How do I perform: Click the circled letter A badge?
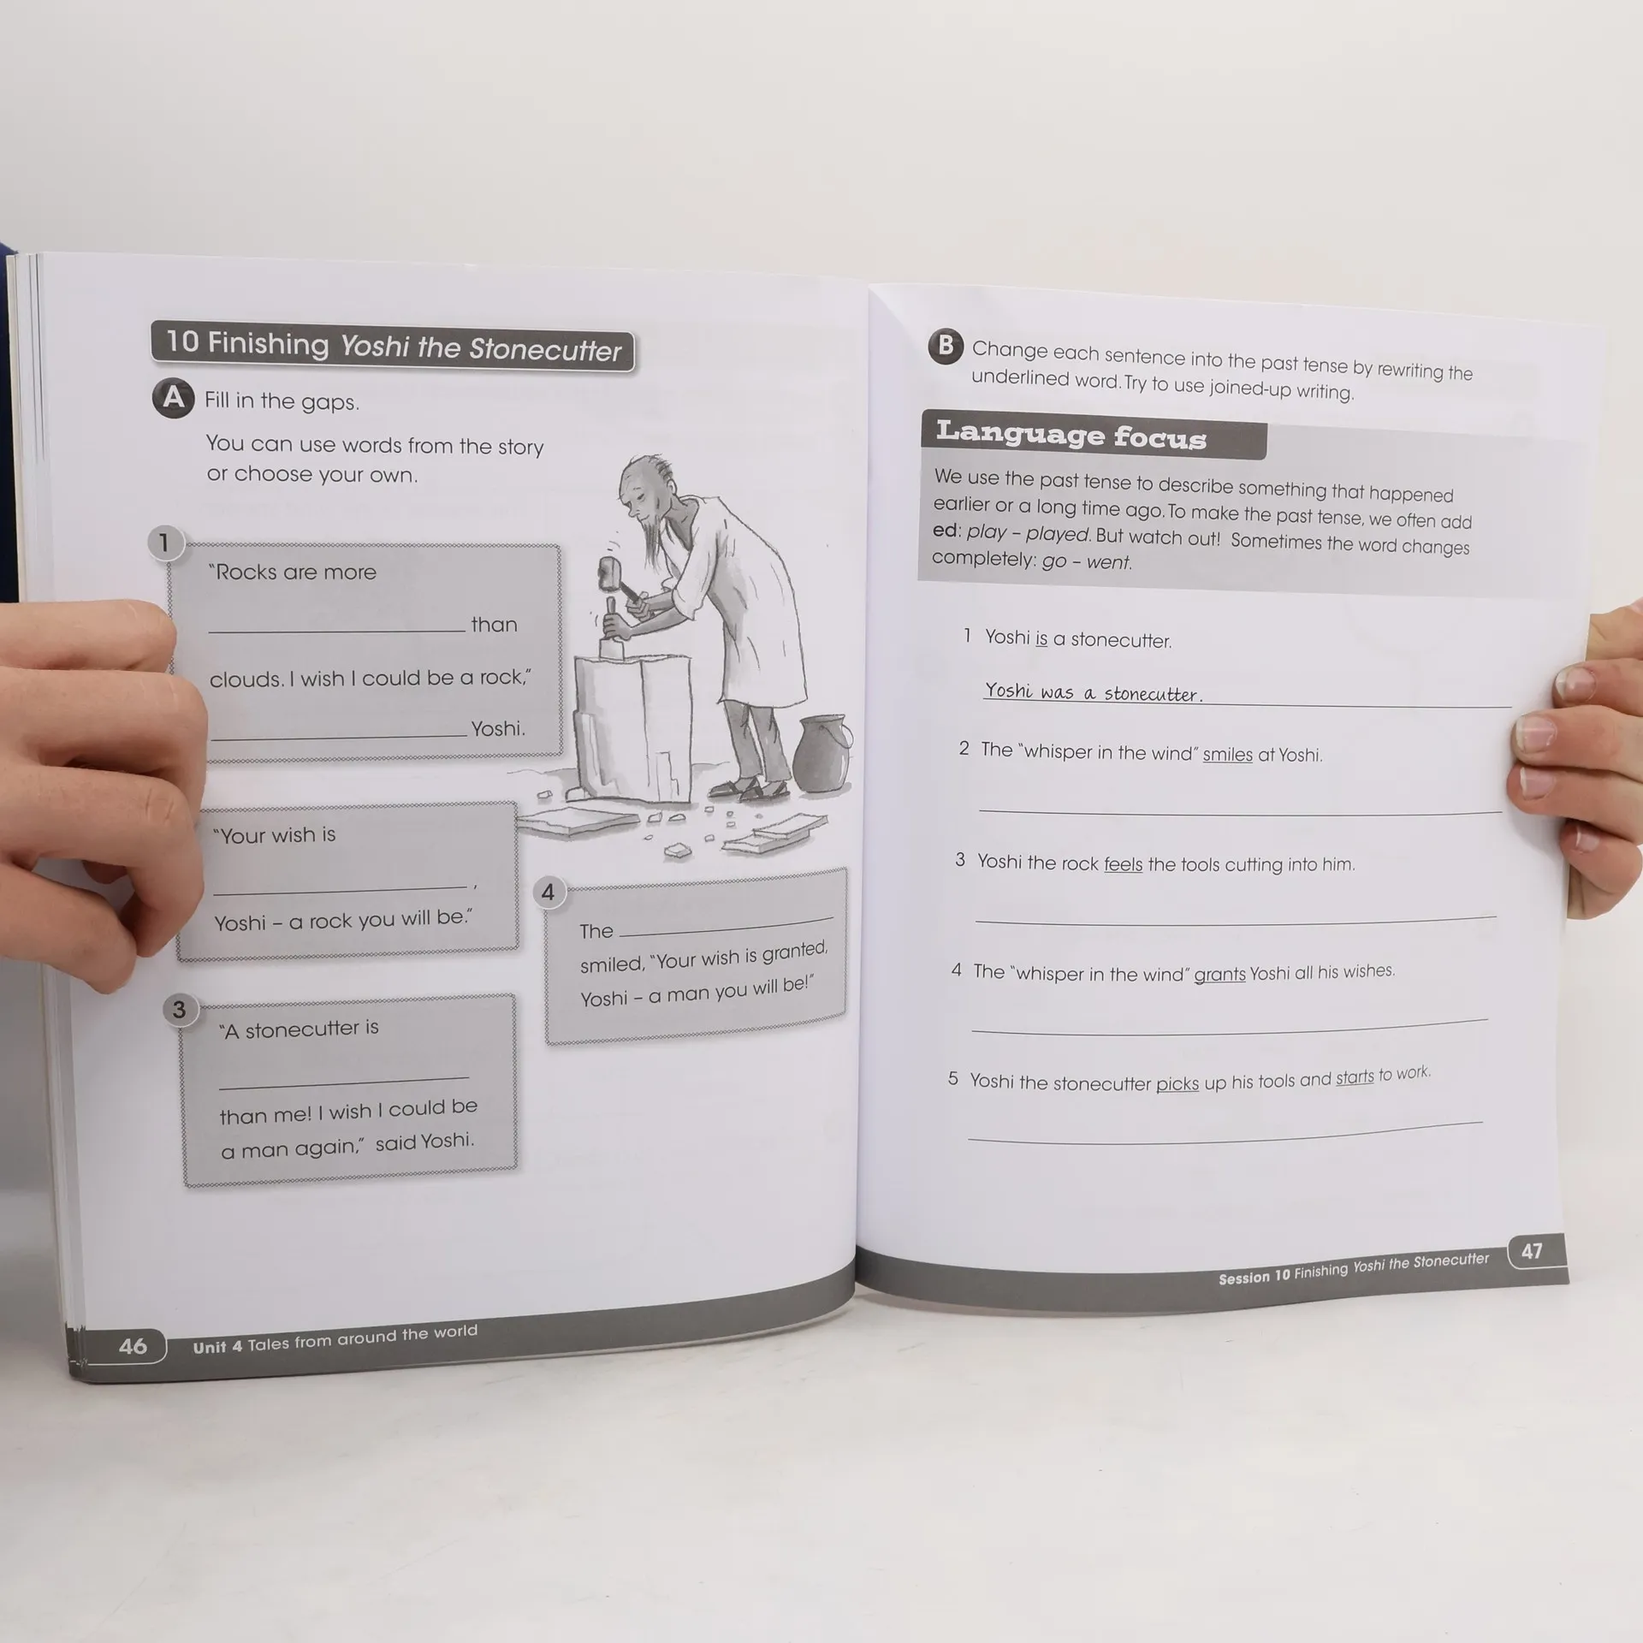(x=174, y=398)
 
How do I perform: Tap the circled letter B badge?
(x=946, y=346)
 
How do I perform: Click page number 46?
(x=133, y=1346)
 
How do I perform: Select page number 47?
(x=1532, y=1251)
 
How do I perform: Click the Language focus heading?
(x=1071, y=435)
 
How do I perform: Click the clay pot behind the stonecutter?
(x=822, y=753)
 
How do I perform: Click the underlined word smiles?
(x=1227, y=755)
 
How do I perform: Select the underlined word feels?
(x=1123, y=864)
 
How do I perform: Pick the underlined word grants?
(x=1219, y=975)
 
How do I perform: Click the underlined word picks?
(x=1177, y=1084)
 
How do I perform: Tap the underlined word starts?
(x=1355, y=1077)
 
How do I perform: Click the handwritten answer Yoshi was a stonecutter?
(x=1094, y=692)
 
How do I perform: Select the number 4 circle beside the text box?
(x=549, y=893)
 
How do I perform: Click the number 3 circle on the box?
(x=179, y=1010)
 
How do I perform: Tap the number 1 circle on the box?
(x=164, y=543)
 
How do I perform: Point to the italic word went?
(x=1109, y=562)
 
